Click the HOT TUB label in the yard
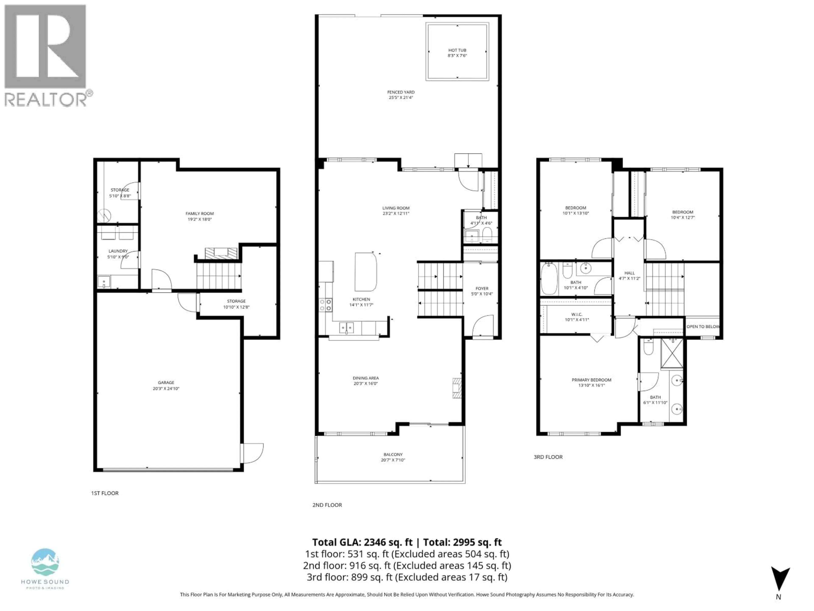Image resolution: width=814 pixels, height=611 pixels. coord(457,50)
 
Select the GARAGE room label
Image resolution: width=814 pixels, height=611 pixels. coord(166,382)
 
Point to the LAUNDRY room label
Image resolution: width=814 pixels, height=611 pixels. coord(118,251)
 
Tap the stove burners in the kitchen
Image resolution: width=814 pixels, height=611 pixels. coord(325,305)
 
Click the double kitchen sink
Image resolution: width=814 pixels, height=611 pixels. coord(346,327)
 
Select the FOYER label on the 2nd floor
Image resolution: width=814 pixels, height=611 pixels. coord(482,288)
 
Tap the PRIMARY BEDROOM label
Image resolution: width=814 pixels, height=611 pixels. coord(591,380)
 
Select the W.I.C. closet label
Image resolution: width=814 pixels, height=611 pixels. coord(577,314)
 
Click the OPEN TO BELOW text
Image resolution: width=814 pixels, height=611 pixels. coord(702,326)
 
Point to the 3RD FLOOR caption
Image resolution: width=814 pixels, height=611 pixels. coord(548,457)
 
